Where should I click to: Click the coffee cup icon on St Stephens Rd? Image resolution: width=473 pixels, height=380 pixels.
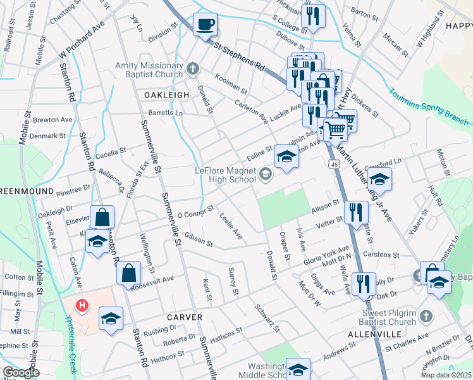[204, 25]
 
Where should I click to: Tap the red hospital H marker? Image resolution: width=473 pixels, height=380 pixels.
[81, 306]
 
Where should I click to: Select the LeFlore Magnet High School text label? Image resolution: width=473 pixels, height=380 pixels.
[225, 175]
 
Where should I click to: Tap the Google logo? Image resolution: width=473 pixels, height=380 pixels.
[21, 372]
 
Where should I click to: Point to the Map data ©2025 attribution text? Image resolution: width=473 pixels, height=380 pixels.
[445, 375]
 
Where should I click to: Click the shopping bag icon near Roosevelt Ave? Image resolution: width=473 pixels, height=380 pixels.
[128, 273]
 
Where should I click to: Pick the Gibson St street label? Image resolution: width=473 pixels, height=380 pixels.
[199, 239]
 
